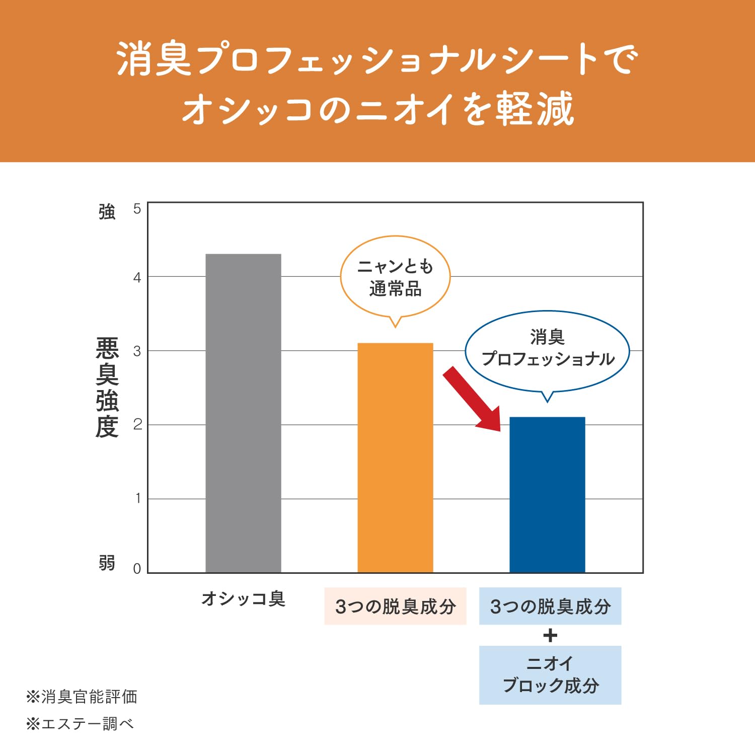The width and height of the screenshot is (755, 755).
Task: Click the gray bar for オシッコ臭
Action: [x=243, y=413]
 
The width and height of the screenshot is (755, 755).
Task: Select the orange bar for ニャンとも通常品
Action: [x=395, y=458]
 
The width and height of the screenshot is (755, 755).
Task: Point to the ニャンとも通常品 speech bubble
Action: [x=395, y=277]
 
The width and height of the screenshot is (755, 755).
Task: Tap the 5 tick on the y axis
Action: [x=137, y=209]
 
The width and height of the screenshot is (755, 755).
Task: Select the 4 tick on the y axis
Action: [x=137, y=277]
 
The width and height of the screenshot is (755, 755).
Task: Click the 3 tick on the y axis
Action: [x=137, y=351]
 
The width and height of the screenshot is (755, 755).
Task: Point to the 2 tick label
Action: [x=137, y=425]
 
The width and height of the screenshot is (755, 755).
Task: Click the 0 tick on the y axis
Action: [x=137, y=569]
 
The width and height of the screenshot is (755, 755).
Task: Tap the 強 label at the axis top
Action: [x=107, y=212]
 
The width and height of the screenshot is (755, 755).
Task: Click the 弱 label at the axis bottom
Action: [x=107, y=563]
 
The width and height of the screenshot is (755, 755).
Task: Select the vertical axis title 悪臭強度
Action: [x=107, y=388]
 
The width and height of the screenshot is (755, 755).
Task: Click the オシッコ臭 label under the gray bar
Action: [x=243, y=599]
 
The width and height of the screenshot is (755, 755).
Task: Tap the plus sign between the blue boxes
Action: [x=550, y=636]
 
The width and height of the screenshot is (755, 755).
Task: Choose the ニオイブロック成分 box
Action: [x=550, y=675]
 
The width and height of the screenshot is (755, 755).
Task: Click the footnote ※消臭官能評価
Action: [x=82, y=697]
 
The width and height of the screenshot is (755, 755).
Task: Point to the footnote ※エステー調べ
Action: [x=80, y=724]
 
